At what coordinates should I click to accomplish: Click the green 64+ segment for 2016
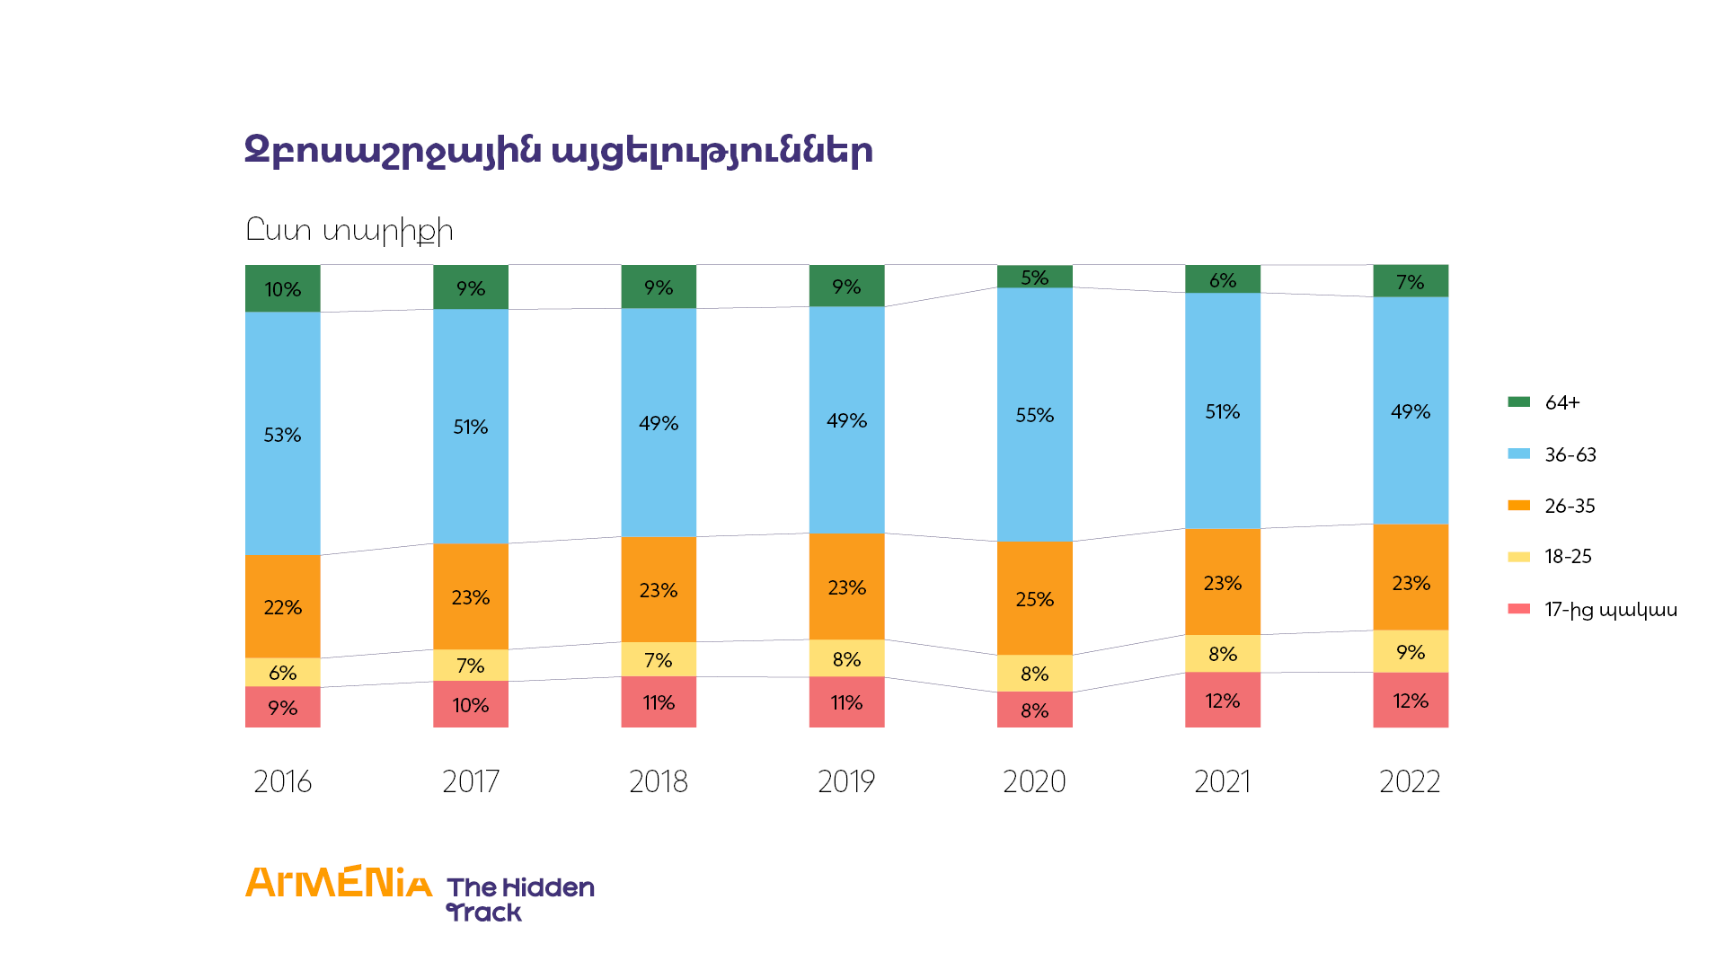(x=282, y=288)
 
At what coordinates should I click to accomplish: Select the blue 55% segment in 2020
(x=1034, y=415)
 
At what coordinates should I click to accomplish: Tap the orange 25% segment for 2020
(x=1034, y=598)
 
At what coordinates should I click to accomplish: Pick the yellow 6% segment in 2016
(x=282, y=672)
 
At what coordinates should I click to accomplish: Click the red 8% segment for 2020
(x=1034, y=710)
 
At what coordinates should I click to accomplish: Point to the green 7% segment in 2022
(x=1410, y=281)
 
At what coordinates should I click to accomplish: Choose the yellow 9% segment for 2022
(x=1410, y=651)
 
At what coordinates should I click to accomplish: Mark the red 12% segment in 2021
(x=1222, y=700)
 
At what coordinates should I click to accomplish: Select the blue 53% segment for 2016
(x=282, y=434)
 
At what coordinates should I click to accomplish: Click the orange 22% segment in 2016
(x=282, y=606)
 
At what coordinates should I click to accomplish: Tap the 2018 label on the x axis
(x=658, y=781)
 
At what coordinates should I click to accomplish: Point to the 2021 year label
(x=1222, y=781)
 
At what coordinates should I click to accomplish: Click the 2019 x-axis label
(x=846, y=781)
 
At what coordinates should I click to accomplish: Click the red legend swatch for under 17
(x=1518, y=609)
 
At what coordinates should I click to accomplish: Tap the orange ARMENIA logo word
(x=339, y=883)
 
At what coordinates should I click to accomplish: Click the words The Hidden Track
(x=520, y=899)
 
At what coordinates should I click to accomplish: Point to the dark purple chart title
(x=558, y=150)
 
